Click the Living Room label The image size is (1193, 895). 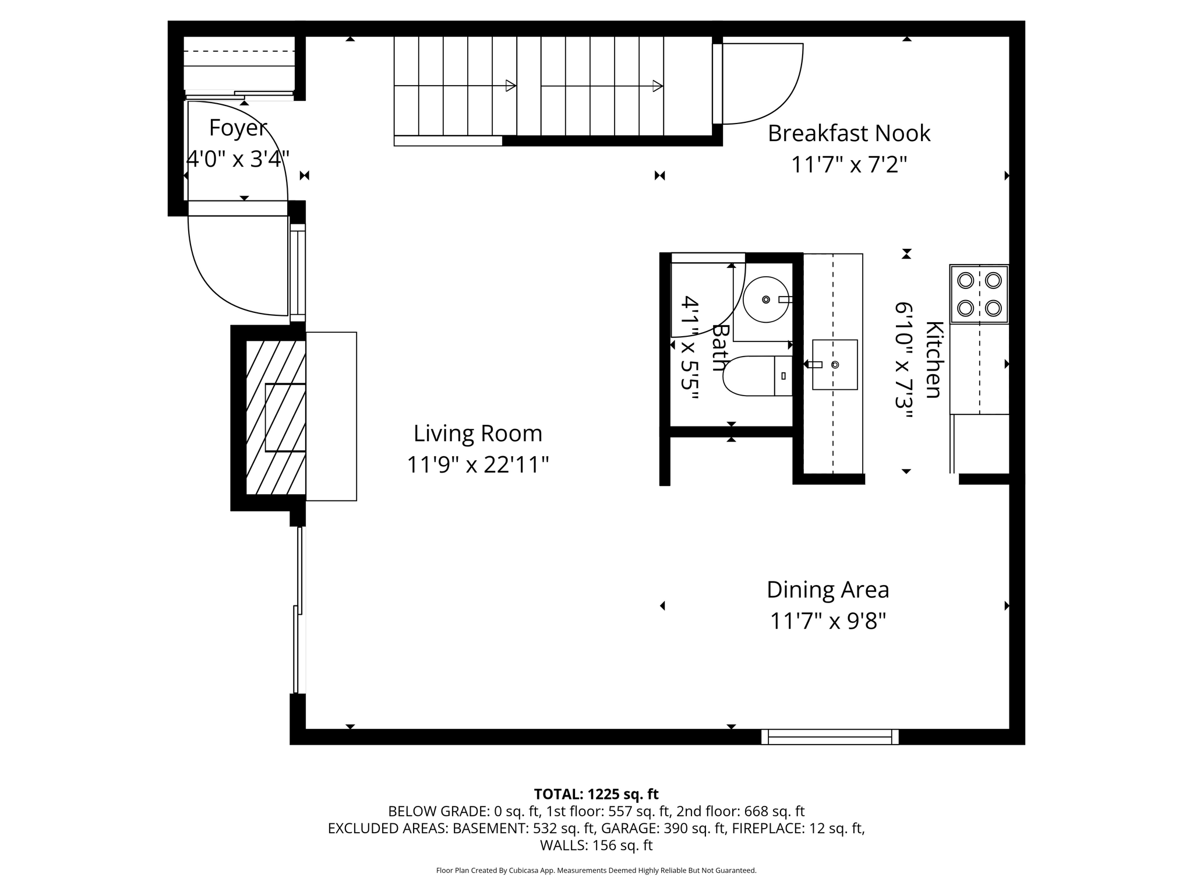(478, 434)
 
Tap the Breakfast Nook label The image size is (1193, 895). (849, 133)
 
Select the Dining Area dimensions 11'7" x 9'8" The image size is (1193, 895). (828, 621)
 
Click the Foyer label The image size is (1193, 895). (238, 128)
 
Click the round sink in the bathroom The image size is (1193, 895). (765, 299)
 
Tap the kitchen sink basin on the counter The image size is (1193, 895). (835, 365)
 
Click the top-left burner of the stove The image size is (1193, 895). (965, 280)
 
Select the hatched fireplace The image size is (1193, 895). (276, 417)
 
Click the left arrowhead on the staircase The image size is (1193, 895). (511, 86)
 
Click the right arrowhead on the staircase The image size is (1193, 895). (658, 86)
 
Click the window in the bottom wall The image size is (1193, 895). (830, 737)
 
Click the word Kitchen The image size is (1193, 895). (934, 360)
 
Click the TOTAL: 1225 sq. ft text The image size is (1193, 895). (596, 794)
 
